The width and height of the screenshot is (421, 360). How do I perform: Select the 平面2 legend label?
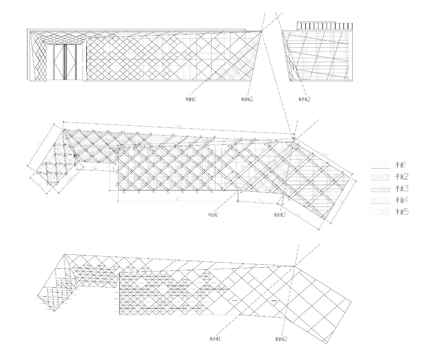[x=402, y=177]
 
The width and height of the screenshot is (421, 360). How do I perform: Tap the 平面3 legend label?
[x=402, y=188]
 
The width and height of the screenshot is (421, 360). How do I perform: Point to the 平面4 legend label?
[x=402, y=200]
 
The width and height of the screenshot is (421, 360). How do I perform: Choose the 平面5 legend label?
[x=402, y=212]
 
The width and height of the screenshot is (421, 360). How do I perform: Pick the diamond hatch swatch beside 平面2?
[x=380, y=177]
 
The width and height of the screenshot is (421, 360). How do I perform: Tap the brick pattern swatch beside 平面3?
[x=380, y=189]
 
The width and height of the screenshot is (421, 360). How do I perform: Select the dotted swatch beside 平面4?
[x=380, y=200]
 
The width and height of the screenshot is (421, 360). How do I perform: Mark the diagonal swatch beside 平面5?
[x=380, y=212]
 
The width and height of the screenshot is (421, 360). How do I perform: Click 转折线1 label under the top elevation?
[x=191, y=99]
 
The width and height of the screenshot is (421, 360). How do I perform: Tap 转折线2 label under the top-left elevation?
[x=247, y=99]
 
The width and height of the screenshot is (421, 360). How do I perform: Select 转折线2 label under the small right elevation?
[x=304, y=99]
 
